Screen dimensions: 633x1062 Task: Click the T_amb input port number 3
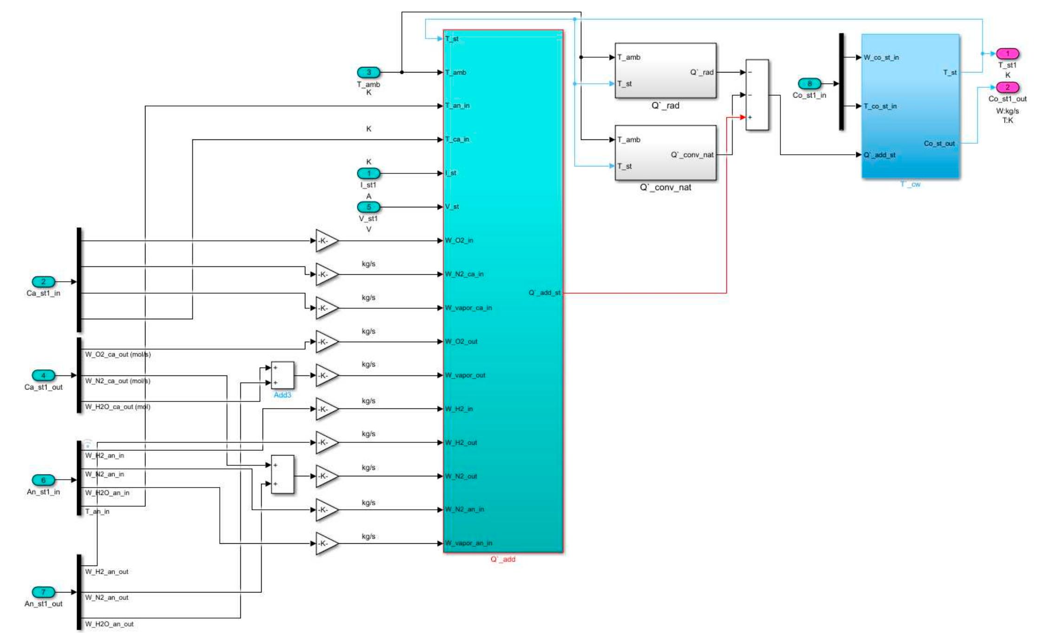(x=369, y=73)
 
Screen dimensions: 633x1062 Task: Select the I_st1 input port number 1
(x=369, y=173)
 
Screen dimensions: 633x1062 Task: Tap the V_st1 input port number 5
(x=369, y=207)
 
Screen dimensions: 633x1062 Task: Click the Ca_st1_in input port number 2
(x=43, y=282)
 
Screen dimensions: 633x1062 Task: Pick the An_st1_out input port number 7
(x=43, y=592)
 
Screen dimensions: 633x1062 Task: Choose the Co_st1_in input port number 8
(x=809, y=84)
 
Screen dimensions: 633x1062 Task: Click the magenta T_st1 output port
(x=1007, y=53)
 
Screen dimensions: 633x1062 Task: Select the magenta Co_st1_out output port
(x=1007, y=87)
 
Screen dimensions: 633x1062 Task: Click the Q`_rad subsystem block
(x=665, y=71)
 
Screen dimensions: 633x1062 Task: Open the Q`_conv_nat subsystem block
(x=665, y=152)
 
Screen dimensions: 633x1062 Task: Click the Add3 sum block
(x=282, y=375)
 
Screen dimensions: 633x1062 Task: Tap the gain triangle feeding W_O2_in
(x=326, y=241)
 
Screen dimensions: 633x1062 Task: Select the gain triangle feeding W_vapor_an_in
(x=326, y=543)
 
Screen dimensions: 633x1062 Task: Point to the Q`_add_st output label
(x=544, y=293)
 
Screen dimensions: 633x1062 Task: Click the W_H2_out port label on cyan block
(x=461, y=442)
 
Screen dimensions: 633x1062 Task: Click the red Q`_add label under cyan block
(x=503, y=559)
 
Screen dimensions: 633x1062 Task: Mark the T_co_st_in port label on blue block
(x=880, y=106)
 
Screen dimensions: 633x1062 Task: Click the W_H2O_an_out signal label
(x=109, y=624)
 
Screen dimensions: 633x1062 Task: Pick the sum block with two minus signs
(x=757, y=95)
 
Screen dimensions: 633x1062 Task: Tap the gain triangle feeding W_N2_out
(x=326, y=476)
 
